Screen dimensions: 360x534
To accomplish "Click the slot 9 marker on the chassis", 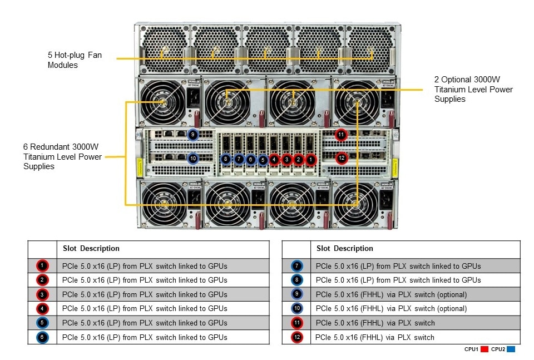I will pyautogui.click(x=192, y=134).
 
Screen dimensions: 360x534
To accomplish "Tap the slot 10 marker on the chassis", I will pyautogui.click(x=192, y=159).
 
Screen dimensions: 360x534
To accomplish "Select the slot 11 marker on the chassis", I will pyautogui.click(x=341, y=134).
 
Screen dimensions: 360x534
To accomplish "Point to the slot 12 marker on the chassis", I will pyautogui.click(x=341, y=158).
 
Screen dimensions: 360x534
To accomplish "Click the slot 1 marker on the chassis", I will pyautogui.click(x=310, y=159).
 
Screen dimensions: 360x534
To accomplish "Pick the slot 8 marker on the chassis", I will pyautogui.click(x=225, y=159).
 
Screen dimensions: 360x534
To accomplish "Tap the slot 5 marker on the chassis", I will pyautogui.click(x=263, y=159).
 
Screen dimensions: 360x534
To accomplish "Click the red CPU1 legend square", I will pyautogui.click(x=484, y=349).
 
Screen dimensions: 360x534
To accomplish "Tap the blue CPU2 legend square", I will pyautogui.click(x=511, y=349).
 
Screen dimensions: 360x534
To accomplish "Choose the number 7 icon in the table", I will pyautogui.click(x=296, y=266).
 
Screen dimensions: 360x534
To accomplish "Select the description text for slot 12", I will pyautogui.click(x=374, y=337).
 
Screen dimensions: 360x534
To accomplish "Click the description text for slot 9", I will pyautogui.click(x=390, y=294).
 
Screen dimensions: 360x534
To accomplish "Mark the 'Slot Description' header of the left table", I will pyautogui.click(x=91, y=248).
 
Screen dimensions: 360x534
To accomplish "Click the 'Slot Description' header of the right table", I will pyautogui.click(x=345, y=248).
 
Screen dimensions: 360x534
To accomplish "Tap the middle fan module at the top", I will pyautogui.click(x=267, y=49).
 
